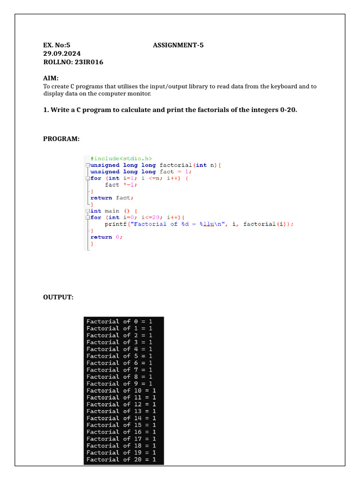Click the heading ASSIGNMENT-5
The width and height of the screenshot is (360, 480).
[x=178, y=45]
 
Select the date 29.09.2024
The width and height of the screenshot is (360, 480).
[x=62, y=53]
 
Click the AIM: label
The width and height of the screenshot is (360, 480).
[x=51, y=78]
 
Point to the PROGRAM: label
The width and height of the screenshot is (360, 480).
[x=61, y=139]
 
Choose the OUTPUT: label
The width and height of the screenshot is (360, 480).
[x=59, y=297]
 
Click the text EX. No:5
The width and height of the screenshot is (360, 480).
[x=56, y=45]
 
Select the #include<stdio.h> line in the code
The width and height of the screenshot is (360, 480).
[x=121, y=158]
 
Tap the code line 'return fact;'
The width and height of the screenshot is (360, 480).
[x=112, y=198]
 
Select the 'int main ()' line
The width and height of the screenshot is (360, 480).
[x=112, y=211]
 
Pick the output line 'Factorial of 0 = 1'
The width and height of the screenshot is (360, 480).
[x=119, y=322]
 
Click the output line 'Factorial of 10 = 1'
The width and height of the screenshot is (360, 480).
[x=121, y=390]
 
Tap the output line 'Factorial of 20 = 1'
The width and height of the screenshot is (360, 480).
[x=121, y=459]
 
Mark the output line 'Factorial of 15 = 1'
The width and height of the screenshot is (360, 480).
[x=121, y=425]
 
